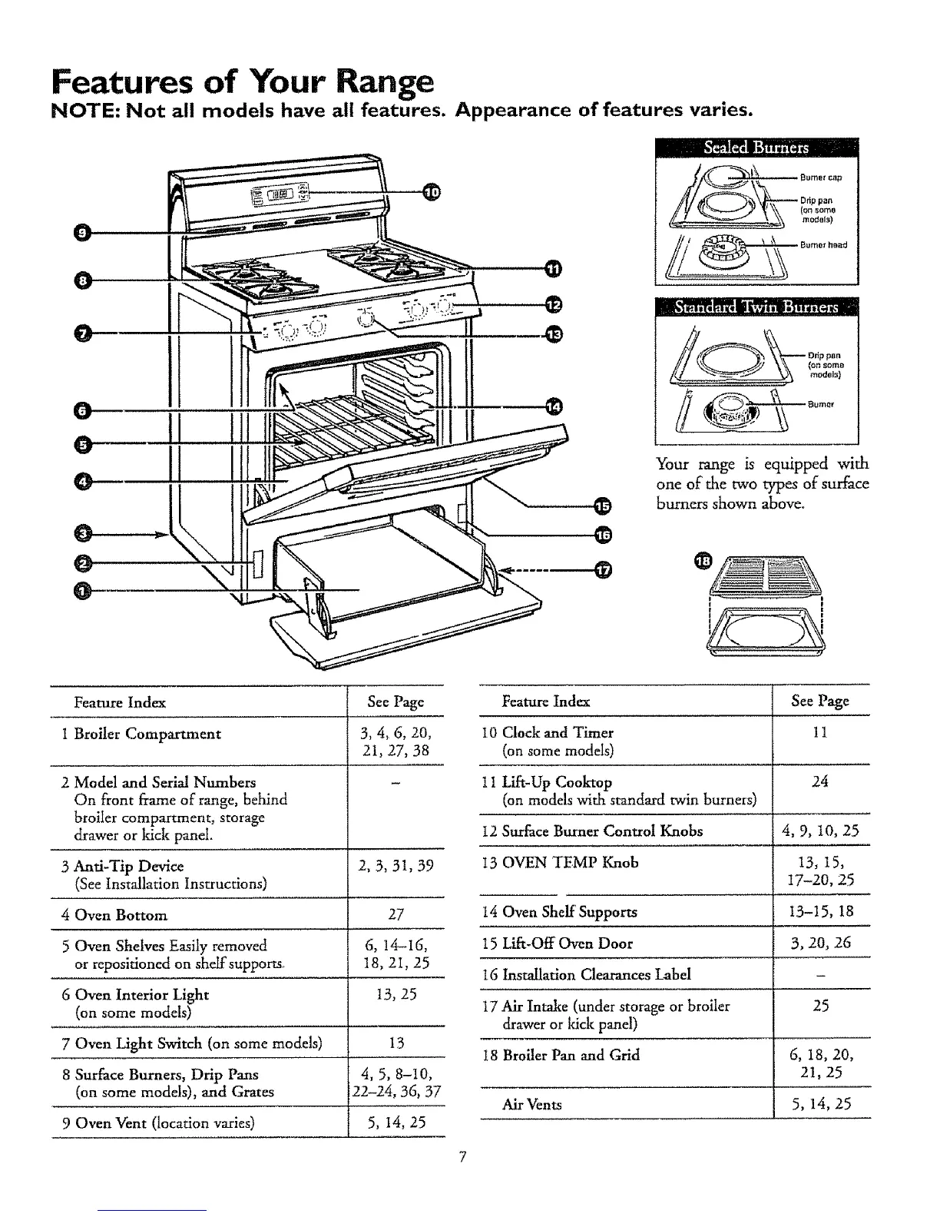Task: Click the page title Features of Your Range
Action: point(242,81)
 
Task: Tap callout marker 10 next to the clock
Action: point(432,192)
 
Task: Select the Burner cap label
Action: point(821,177)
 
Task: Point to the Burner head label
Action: point(823,245)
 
